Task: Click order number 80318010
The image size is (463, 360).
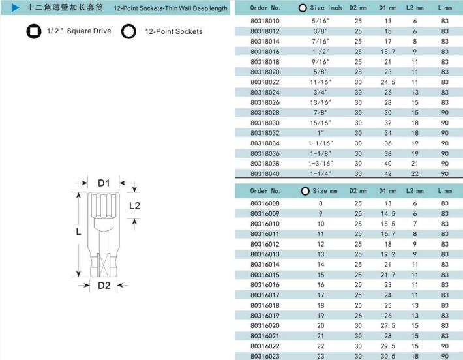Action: coord(265,21)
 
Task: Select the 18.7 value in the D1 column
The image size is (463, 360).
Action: coord(388,52)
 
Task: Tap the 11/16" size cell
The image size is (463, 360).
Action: coord(320,82)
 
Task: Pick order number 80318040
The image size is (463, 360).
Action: coord(265,173)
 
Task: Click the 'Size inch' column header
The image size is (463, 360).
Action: coord(325,8)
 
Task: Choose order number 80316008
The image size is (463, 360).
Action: coord(265,203)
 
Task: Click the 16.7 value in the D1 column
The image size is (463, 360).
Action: coord(388,234)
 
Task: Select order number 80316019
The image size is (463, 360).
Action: coord(265,316)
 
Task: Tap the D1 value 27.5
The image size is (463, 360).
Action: coord(388,325)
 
